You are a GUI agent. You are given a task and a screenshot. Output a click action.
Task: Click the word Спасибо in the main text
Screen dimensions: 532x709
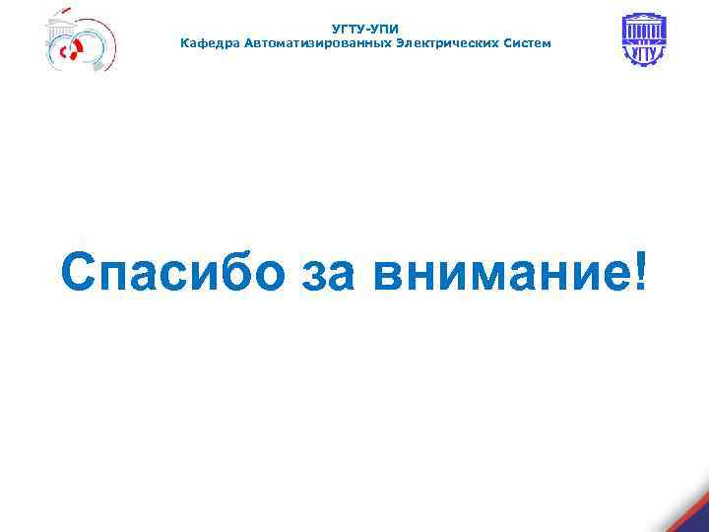click(x=168, y=271)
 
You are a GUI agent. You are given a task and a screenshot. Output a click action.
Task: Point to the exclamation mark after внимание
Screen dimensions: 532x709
click(x=642, y=268)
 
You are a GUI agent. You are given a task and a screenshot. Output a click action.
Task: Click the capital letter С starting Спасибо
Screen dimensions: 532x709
click(x=79, y=271)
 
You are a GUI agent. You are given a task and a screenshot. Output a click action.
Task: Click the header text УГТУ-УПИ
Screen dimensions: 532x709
click(x=365, y=30)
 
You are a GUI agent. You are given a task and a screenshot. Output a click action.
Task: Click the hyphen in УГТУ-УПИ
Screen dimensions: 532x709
click(x=365, y=30)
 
